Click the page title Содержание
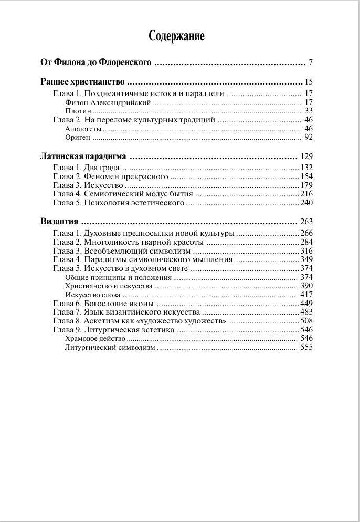(x=176, y=36)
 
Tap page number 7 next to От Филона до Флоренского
(x=311, y=64)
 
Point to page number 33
(x=308, y=111)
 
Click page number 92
(x=308, y=138)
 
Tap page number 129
(x=306, y=157)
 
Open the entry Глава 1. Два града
(x=87, y=168)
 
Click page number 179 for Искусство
(x=306, y=185)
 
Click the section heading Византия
(x=59, y=222)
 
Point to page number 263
(x=306, y=222)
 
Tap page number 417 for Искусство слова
(x=306, y=295)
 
